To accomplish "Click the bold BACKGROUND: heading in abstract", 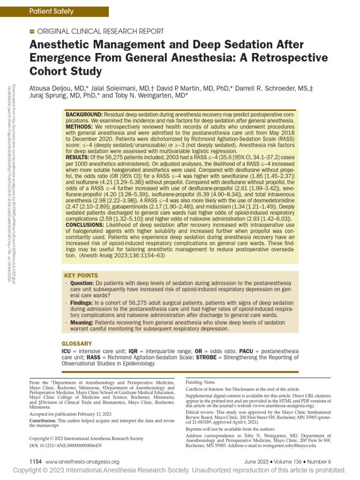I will [x=84, y=115].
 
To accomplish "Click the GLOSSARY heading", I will [x=77, y=344].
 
